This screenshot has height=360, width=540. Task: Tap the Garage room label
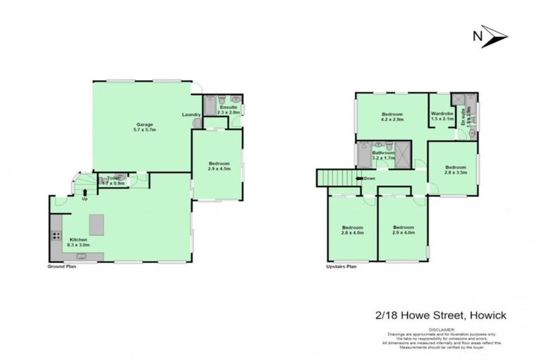pos(145,124)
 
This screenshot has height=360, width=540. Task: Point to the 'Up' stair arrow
pos(84,199)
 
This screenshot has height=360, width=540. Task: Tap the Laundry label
pos(191,115)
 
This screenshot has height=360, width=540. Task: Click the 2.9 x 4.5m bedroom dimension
pos(219,169)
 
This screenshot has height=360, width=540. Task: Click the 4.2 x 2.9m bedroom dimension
pos(392,120)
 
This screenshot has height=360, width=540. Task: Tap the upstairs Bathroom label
pos(383,153)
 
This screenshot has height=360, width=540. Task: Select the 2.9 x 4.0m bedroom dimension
pos(403,233)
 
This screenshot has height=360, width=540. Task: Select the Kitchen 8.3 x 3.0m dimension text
pos(78,245)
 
